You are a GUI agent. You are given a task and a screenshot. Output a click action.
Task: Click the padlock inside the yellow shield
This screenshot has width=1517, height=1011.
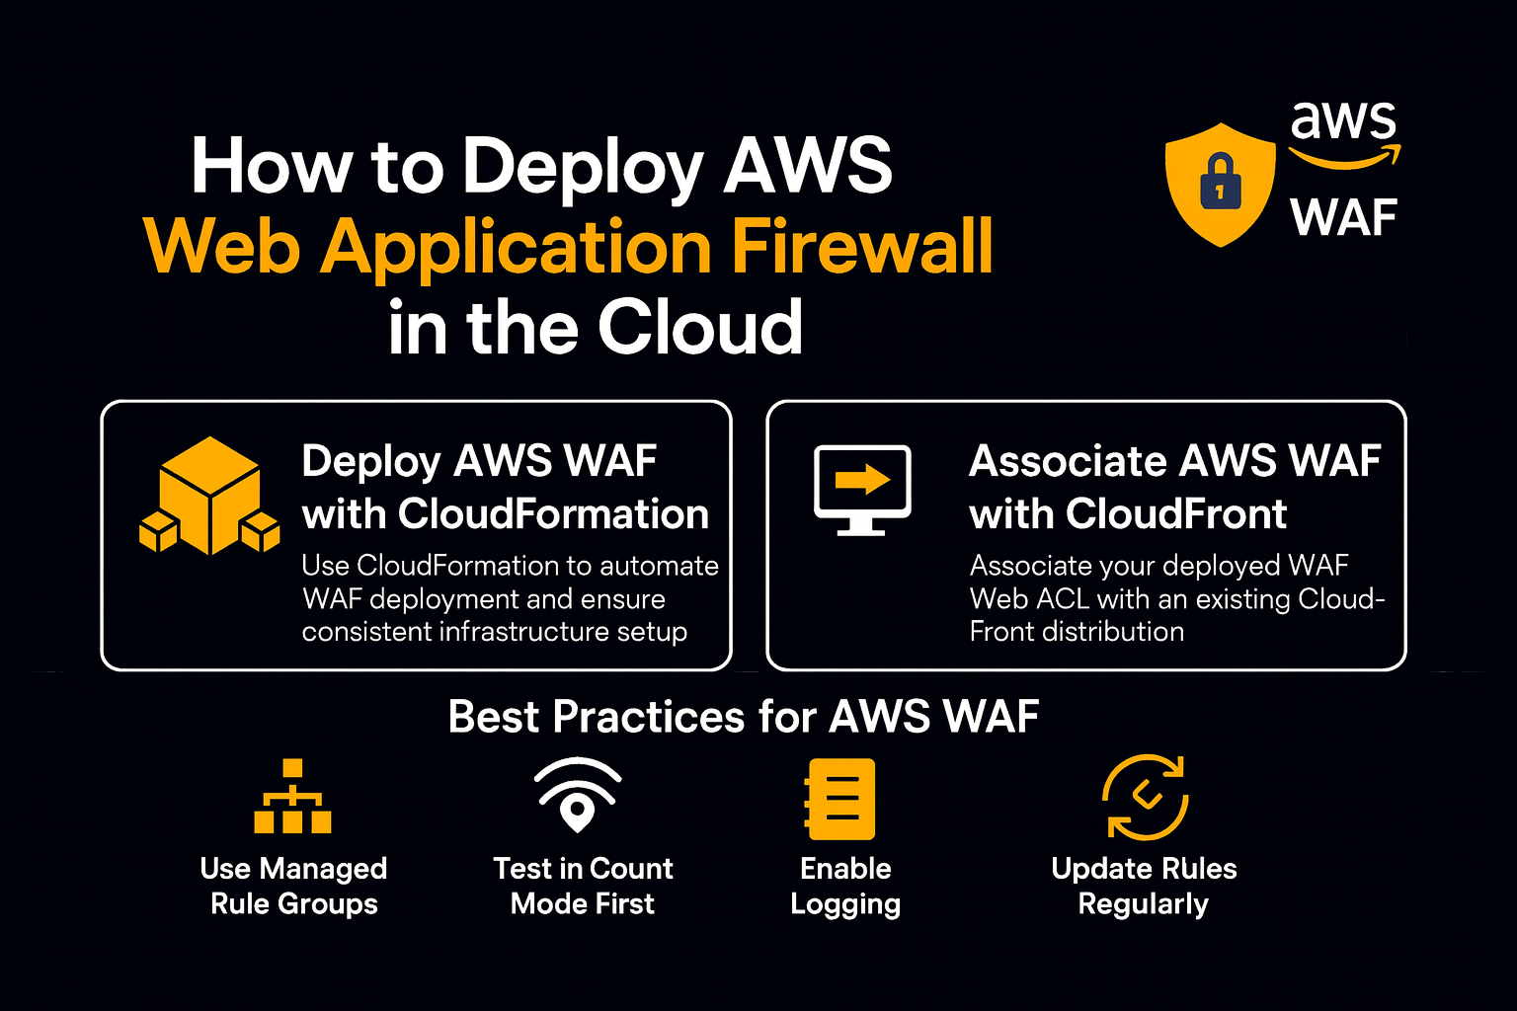1221,182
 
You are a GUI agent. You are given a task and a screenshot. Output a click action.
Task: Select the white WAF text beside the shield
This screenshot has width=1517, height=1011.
1343,218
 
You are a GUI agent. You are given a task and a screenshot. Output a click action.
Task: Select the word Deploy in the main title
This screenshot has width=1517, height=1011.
583,166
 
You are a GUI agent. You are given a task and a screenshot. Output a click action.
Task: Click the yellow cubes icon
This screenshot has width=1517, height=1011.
210,497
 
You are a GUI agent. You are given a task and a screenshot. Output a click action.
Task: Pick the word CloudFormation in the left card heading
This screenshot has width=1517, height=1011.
554,514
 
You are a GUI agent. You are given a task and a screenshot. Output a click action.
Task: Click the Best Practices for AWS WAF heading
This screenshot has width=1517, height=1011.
743,717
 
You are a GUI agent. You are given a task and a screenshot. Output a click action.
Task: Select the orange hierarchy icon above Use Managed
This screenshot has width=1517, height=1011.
292,797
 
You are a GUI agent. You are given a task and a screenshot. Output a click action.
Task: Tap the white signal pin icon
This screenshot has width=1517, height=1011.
578,796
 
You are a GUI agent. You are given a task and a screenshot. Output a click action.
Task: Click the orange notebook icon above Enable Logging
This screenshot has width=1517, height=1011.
840,799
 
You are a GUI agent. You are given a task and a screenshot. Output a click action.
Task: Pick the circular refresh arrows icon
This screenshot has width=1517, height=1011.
1145,798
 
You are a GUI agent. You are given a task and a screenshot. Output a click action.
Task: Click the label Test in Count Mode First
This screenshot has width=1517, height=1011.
583,886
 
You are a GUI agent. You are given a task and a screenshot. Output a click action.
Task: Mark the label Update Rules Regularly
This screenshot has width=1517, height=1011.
1144,886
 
